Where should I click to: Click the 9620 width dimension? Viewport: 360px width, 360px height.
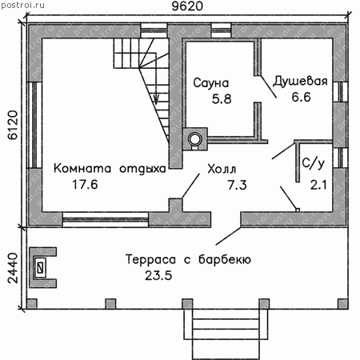coord(187,6)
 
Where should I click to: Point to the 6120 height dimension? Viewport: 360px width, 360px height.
coord(13,125)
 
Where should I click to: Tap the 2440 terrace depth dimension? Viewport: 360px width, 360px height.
coord(13,268)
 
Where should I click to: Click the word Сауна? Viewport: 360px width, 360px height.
coord(211,83)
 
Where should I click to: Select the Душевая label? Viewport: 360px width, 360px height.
coord(300,82)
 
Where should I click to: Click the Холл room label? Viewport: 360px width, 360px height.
coord(222,169)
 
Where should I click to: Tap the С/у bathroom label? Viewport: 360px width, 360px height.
coord(314,163)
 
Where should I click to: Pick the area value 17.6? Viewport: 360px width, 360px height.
coord(85,185)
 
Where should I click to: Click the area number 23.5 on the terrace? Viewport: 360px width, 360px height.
coord(158,275)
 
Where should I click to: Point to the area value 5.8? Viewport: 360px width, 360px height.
coord(222,99)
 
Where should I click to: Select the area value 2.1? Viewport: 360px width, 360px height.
coord(318,185)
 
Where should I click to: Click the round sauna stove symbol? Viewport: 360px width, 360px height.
coord(195,138)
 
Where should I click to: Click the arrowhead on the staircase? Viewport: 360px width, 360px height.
coord(156,100)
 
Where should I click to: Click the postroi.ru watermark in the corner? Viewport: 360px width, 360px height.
coord(22,5)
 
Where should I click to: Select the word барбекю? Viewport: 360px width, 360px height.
coord(225,259)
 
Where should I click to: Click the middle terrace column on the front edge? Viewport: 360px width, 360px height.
coord(187,304)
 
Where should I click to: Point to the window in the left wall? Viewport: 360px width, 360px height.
coord(34,125)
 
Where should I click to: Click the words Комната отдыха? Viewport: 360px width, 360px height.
coord(110,169)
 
